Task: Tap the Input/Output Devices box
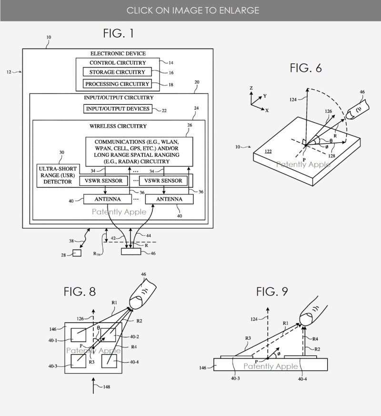118,109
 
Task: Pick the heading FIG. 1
119,33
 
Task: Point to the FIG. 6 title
306,68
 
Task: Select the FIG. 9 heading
271,291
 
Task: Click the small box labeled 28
77,253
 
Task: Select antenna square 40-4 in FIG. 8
110,362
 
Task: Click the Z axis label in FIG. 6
250,88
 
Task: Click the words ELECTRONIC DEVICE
118,53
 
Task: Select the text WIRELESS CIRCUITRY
118,126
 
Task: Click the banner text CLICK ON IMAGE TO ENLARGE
190,10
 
